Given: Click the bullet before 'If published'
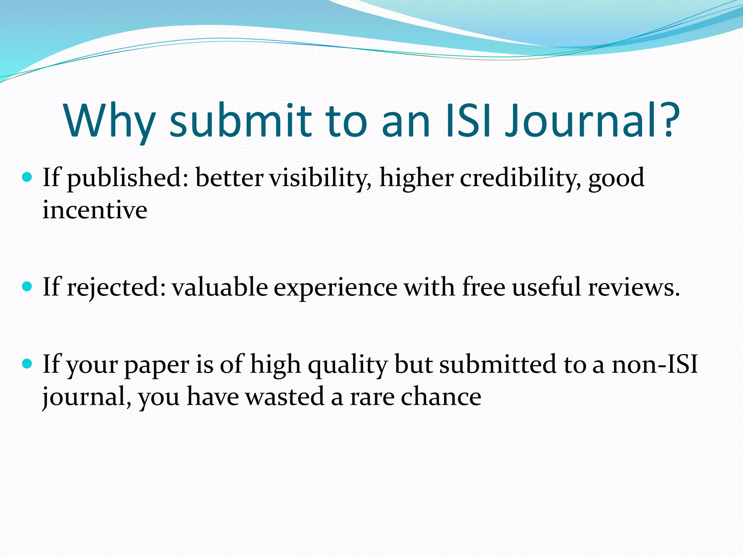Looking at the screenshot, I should point(27,177).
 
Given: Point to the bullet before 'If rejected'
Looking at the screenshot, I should point(27,287).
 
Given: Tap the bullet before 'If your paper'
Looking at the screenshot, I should point(27,364).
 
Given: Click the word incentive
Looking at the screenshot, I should point(95,210).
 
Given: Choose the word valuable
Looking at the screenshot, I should point(220,287).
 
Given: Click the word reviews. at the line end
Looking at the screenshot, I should point(633,288).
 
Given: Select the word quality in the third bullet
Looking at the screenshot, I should point(348,366).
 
